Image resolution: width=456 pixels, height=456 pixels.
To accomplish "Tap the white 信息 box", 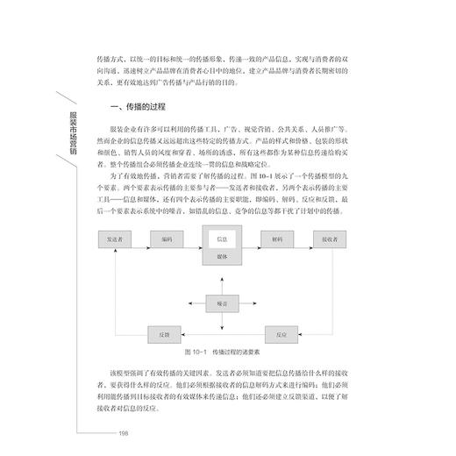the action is pos(222,239).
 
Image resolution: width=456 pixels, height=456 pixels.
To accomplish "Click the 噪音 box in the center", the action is pos(222,303).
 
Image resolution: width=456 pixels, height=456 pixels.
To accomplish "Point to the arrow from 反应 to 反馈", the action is pos(223,334).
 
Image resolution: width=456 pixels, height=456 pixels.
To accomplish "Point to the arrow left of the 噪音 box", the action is pos(194,303).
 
